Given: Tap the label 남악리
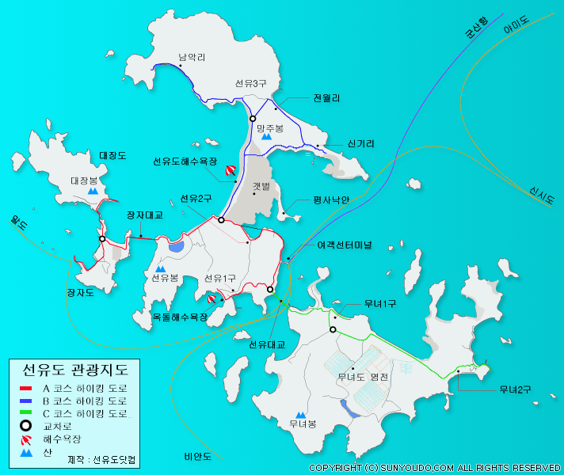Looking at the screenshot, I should (x=192, y=57).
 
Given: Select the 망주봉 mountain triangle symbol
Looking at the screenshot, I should (x=267, y=136).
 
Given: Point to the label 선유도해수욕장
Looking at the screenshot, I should (x=185, y=161).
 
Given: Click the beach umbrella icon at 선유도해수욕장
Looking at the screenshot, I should (x=231, y=169).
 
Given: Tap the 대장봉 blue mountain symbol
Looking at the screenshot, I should (x=93, y=191).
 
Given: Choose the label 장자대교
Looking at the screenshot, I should (x=144, y=215).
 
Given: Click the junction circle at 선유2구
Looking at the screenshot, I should (x=222, y=220).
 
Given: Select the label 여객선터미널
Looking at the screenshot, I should (x=345, y=245).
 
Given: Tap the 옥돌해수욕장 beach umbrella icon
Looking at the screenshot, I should (x=211, y=299).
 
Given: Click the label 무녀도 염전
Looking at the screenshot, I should (x=363, y=377).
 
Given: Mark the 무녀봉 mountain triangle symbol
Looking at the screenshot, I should (x=300, y=414).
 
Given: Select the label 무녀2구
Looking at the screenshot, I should (x=515, y=389).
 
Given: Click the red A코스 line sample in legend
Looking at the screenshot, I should (x=26, y=389).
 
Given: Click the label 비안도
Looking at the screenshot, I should (x=198, y=456).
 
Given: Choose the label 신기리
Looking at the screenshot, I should (x=360, y=144).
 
